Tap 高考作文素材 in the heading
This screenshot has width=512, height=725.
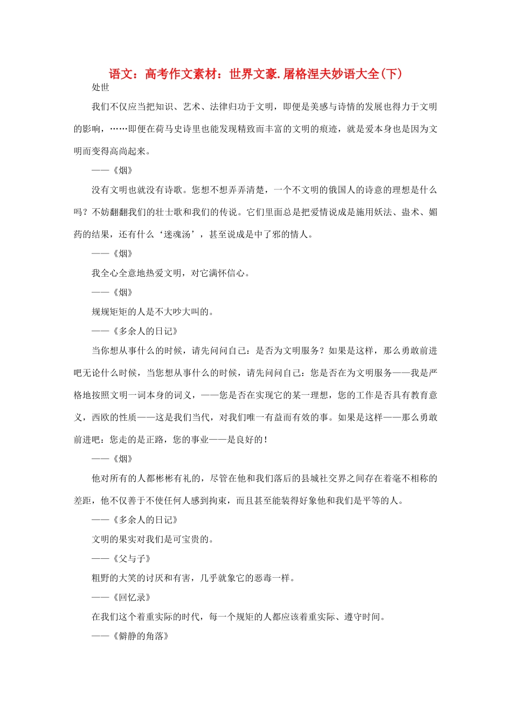coord(181,74)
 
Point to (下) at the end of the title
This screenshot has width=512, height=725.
coord(391,74)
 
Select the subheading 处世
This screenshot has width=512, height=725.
coord(100,87)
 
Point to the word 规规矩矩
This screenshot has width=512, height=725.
coord(109,312)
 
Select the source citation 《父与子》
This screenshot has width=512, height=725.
coord(132,558)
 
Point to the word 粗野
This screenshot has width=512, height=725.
coord(101,578)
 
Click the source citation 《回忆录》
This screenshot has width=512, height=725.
coord(132,597)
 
